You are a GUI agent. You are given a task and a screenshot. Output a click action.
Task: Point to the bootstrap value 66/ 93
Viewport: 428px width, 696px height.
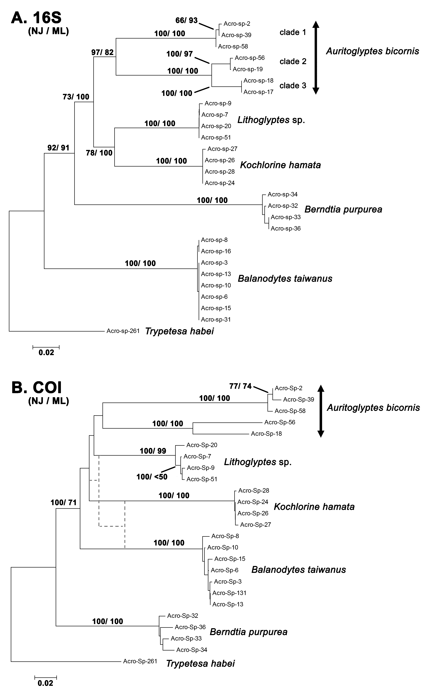pyautogui.click(x=186, y=20)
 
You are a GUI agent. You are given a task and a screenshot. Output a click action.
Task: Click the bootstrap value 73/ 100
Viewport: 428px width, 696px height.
pyautogui.click(x=76, y=97)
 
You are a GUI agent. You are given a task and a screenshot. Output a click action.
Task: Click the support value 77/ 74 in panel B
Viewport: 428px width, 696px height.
pyautogui.click(x=240, y=386)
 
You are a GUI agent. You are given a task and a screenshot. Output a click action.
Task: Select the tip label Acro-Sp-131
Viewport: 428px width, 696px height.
pyautogui.click(x=229, y=593)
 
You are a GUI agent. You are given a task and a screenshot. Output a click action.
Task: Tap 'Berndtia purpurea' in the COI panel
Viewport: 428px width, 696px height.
pyautogui.click(x=249, y=632)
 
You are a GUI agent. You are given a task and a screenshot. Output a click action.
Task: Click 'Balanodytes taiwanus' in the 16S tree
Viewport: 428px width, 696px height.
pyautogui.click(x=285, y=279)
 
